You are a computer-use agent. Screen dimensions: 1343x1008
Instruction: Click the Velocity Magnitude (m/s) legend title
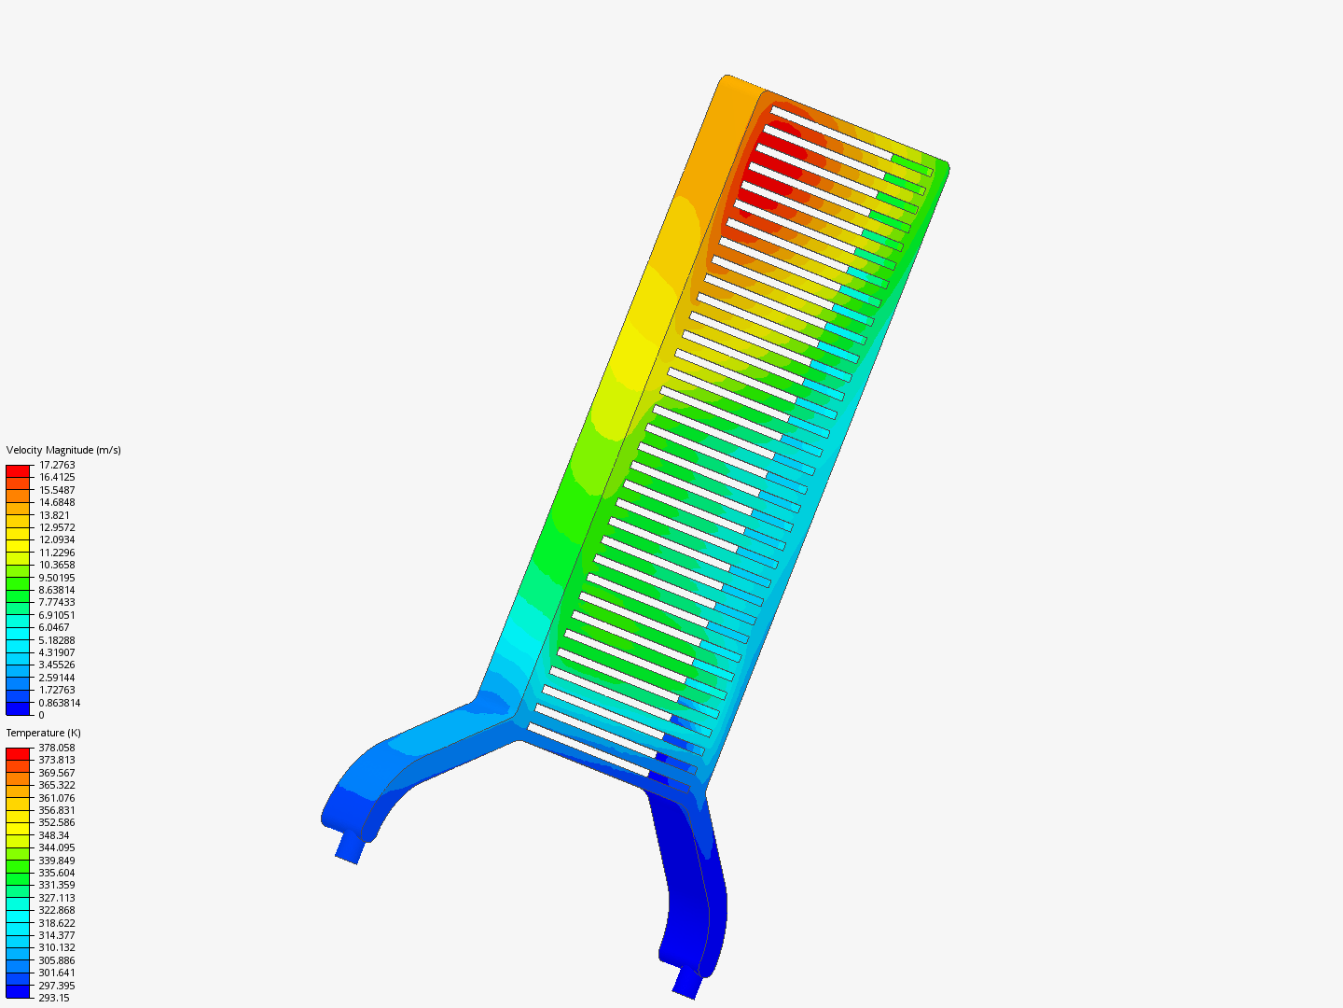(x=63, y=450)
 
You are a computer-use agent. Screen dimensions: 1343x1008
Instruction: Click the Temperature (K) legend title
(x=44, y=733)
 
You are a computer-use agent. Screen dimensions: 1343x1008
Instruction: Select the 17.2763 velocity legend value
(x=57, y=465)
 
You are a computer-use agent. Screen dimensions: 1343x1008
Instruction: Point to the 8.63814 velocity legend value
(x=57, y=590)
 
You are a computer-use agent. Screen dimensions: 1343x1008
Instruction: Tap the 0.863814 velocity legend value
(x=60, y=703)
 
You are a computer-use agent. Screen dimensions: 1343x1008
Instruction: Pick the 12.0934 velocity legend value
(x=57, y=539)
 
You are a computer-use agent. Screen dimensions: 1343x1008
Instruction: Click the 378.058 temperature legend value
(x=57, y=748)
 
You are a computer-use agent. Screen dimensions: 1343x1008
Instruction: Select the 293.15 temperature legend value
(x=54, y=998)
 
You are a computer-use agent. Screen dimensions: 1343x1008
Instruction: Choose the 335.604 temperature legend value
(x=57, y=873)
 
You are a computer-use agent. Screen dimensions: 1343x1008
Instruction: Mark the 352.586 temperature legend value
(x=57, y=822)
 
